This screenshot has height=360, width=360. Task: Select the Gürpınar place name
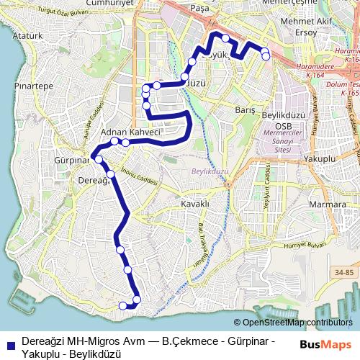(70, 159)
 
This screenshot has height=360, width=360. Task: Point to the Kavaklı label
(194, 204)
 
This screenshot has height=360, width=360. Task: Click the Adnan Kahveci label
(131, 133)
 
